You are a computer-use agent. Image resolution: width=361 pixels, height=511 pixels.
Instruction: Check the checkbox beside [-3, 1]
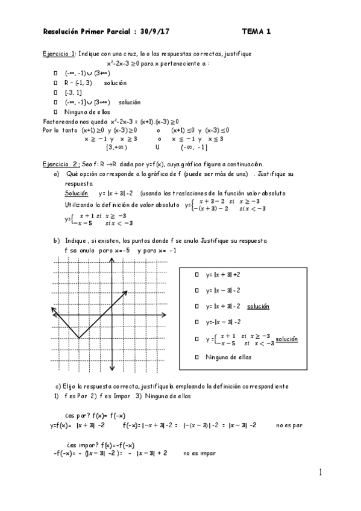pos(55,92)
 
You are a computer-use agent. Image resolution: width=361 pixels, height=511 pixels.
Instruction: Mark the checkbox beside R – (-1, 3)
pos(55,83)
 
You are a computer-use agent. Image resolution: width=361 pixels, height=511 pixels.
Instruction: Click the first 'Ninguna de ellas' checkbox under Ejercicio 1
pos(55,111)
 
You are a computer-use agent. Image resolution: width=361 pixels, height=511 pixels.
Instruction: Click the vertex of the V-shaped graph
pos(78,337)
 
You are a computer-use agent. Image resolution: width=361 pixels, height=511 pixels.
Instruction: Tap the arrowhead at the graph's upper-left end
pos(53,310)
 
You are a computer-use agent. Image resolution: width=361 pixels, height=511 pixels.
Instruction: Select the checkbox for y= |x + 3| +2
pos(197,274)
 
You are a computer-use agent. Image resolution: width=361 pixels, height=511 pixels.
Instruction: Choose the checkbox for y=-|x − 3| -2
pos(197,322)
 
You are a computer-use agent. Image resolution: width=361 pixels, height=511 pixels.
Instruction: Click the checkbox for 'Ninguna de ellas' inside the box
pos(197,357)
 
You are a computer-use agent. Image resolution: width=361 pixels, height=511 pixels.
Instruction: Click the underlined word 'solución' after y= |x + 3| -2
pos(258,306)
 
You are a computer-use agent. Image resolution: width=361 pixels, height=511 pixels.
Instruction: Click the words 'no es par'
pos(289,425)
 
